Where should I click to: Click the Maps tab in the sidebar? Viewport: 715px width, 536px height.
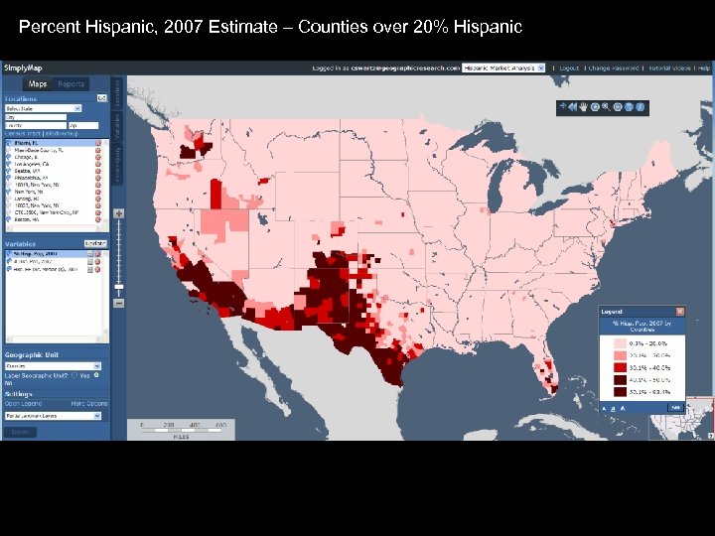38,84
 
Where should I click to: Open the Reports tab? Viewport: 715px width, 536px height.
71,84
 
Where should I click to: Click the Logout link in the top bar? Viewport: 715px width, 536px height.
569,68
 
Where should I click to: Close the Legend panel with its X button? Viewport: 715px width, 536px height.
679,312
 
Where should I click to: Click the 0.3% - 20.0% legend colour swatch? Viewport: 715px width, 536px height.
621,341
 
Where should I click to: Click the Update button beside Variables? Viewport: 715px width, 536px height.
95,242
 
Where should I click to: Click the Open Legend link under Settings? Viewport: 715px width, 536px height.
22,404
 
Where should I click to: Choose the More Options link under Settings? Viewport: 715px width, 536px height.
89,404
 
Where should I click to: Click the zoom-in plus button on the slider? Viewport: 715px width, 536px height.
119,213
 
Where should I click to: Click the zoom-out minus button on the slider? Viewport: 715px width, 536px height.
119,303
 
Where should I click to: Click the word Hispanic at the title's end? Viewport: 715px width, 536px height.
492,27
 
